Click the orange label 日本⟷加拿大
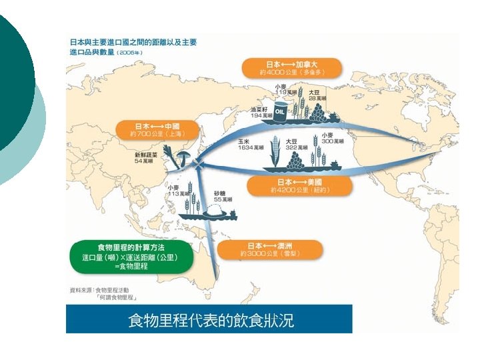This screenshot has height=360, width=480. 291,67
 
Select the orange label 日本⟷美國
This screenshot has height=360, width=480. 299,185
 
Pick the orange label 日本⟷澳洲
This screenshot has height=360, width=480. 271,250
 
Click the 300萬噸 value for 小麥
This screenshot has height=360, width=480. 333,141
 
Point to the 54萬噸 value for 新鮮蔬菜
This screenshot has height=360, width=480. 145,161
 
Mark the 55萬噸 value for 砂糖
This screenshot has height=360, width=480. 223,200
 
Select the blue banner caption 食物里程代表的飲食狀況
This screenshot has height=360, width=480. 209,320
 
